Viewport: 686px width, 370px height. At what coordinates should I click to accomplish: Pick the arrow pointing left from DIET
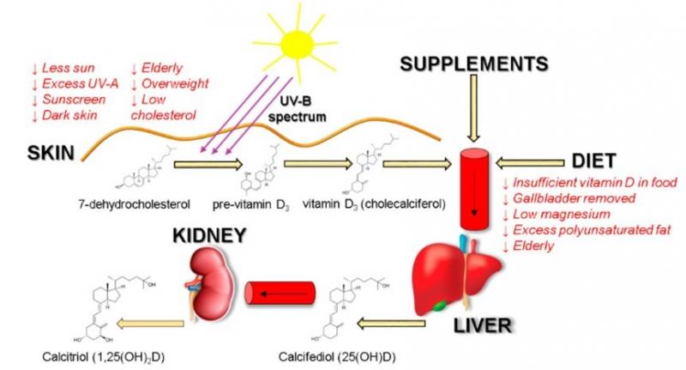coord(537,161)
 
